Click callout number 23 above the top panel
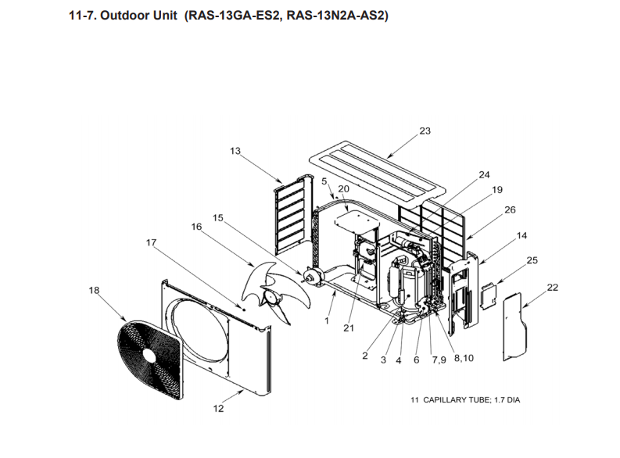click(425, 131)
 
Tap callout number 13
click(235, 151)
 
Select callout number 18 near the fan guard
click(95, 291)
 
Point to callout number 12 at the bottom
click(219, 408)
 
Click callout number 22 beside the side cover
click(553, 288)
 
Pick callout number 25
click(532, 259)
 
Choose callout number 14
click(521, 235)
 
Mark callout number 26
click(510, 209)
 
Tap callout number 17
click(151, 243)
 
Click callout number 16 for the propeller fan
click(196, 226)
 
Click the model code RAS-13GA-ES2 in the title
click(232, 15)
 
